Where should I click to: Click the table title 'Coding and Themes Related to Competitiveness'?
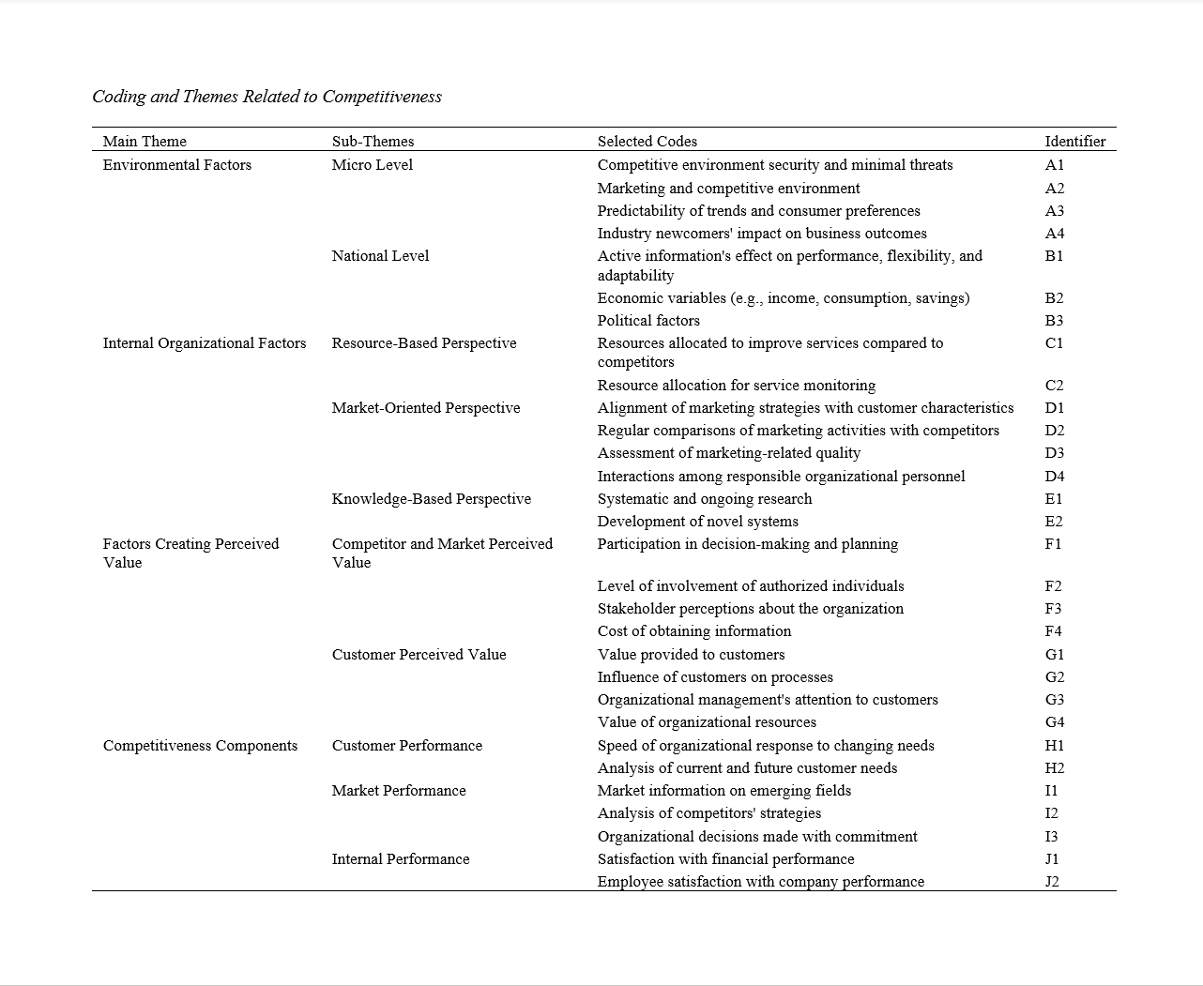266,97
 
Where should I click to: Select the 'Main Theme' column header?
145,142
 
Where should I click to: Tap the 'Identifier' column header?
1074,142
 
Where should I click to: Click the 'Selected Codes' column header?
647,142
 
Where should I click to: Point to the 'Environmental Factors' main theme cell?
176,165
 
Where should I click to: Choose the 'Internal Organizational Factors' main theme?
204,343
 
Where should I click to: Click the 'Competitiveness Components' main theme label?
200,746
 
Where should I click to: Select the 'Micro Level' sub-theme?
372,165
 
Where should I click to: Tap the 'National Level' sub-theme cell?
380,256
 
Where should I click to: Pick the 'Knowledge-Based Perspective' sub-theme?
431,499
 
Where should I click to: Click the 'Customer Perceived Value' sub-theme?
419,655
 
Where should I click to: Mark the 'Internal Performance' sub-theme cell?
400,859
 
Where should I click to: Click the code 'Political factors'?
648,321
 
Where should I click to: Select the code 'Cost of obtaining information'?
693,631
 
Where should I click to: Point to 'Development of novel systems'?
697,522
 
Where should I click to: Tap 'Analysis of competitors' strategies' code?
708,813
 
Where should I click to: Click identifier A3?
1054,211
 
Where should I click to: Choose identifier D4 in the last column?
1054,477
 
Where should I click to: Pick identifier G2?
1054,677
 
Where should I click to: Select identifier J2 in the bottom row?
1052,882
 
